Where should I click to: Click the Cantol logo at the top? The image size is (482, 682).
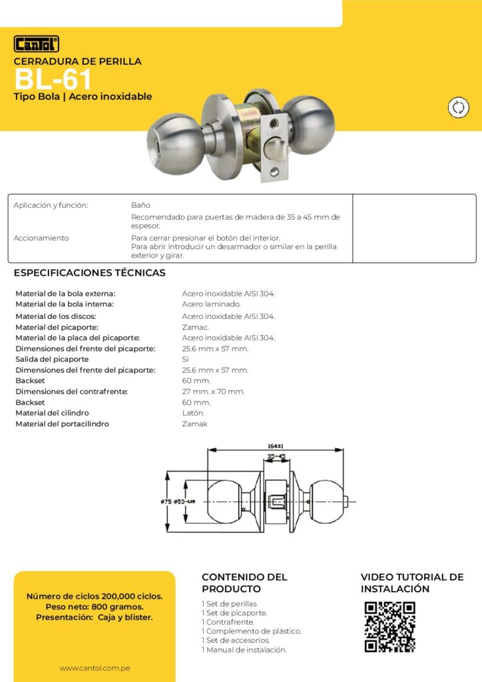point(37,44)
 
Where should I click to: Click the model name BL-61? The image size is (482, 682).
point(53,80)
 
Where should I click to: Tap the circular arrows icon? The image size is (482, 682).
point(458,108)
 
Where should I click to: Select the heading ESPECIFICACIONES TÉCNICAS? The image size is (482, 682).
point(90,273)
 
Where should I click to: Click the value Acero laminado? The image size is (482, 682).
point(212,304)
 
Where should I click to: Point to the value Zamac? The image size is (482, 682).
point(196,327)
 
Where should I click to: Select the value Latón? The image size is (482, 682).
point(194,413)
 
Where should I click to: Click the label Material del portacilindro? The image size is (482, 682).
point(62,424)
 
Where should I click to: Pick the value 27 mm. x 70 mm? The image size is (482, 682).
point(213,392)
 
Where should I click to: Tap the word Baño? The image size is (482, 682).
point(140,205)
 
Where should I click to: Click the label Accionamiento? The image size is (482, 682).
point(41,238)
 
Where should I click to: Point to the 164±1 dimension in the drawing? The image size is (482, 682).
point(275,446)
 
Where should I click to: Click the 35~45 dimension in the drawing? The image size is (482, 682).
point(276,457)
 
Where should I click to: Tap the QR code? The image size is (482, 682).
point(389,627)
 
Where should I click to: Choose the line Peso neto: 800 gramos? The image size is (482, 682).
point(94,607)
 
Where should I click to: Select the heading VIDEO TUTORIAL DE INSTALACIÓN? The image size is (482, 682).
point(411,583)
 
